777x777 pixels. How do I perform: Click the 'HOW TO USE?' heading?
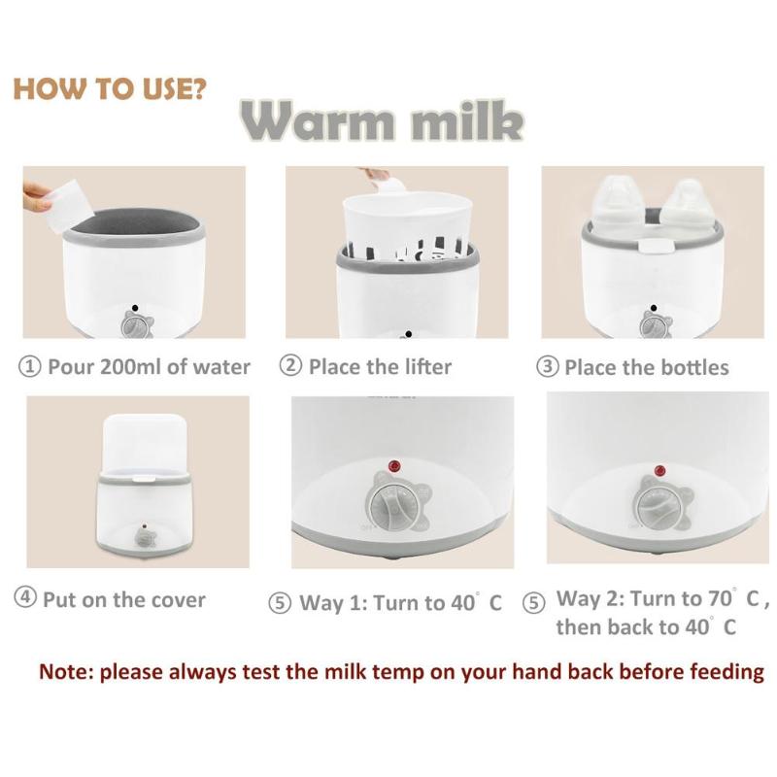tap(109, 89)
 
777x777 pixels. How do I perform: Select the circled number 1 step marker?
tap(30, 367)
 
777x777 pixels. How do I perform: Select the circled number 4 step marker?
tap(25, 598)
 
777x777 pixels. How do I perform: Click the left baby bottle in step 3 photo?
tap(616, 208)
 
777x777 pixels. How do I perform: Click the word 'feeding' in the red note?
tap(724, 671)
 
